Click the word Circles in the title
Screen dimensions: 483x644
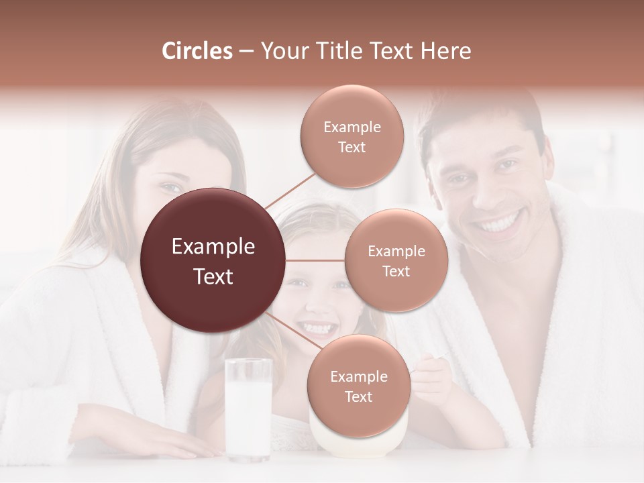197,51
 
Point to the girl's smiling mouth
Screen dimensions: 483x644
317,329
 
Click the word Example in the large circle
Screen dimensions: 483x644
213,247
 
